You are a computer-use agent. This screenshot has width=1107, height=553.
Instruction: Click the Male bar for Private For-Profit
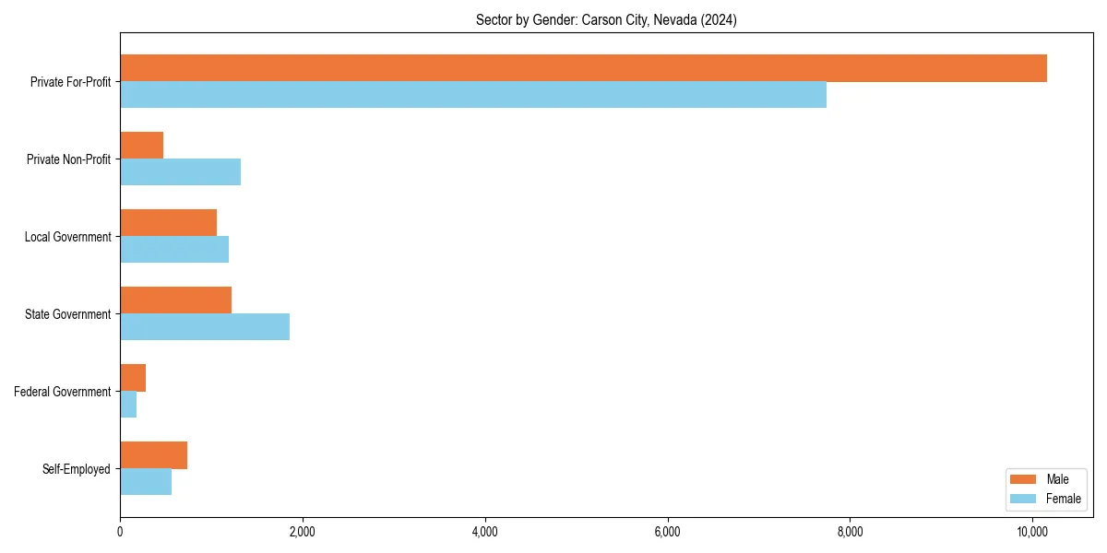(583, 68)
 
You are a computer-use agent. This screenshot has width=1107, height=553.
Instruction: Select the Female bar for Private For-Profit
(473, 95)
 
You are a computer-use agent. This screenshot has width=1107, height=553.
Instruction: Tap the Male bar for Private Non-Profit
(142, 146)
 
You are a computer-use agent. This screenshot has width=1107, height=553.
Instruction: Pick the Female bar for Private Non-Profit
(181, 172)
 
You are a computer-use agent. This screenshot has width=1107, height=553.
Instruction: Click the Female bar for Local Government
(174, 250)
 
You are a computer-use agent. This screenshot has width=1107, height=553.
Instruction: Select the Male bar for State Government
(176, 300)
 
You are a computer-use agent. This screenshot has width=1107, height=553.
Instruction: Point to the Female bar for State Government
(205, 327)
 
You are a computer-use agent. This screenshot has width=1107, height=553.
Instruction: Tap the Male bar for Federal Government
(133, 378)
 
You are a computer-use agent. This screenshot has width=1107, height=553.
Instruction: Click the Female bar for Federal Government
(128, 405)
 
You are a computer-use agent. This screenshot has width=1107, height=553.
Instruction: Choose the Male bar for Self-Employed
(154, 455)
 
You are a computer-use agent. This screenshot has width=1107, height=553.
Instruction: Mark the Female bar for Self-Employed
(146, 482)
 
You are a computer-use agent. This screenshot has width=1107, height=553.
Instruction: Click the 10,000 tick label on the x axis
(1032, 532)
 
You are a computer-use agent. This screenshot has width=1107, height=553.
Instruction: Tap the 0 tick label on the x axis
(120, 532)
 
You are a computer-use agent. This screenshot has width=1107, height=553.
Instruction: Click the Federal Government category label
(63, 392)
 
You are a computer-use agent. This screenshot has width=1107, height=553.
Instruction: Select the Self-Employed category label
(77, 469)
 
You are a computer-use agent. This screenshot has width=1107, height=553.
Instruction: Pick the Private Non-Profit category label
(68, 159)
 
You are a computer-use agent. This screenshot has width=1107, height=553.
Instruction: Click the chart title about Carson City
(606, 19)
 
